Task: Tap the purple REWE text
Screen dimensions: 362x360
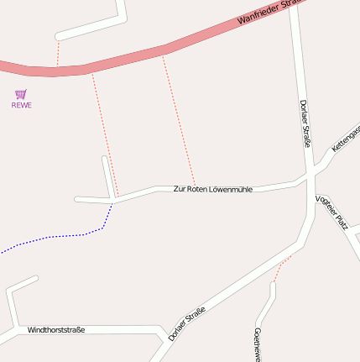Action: click(21, 105)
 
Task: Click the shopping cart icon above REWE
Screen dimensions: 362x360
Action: click(21, 94)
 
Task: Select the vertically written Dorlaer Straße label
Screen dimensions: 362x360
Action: click(305, 123)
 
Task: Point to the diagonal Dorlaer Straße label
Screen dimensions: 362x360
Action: click(186, 324)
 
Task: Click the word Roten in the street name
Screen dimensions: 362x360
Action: click(196, 189)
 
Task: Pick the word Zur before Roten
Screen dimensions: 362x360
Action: click(179, 189)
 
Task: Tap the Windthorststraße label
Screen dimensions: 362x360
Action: click(56, 330)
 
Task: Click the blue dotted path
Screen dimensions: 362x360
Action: click(50, 237)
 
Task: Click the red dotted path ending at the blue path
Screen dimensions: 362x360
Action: click(104, 134)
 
